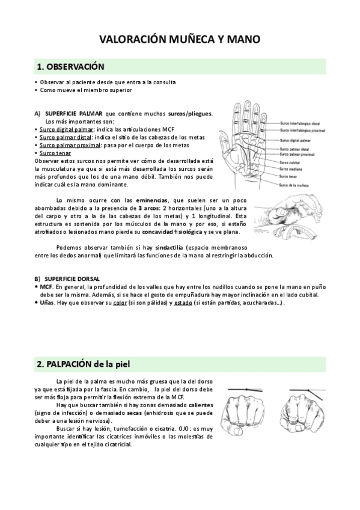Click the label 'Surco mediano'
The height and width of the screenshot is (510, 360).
click(x=291, y=169)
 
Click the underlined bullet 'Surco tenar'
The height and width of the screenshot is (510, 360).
click(x=55, y=153)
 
